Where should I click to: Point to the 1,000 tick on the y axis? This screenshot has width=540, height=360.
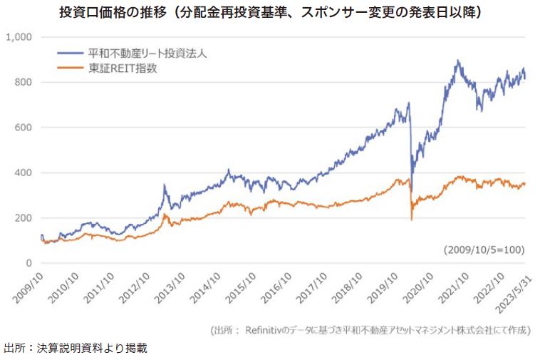[19, 36]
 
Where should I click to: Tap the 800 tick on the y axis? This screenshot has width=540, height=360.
[24, 82]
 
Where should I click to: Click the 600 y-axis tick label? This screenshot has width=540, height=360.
[24, 128]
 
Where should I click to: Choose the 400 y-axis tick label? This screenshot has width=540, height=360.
[24, 173]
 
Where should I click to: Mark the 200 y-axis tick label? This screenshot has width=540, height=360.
[24, 218]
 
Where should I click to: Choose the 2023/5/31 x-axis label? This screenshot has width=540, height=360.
[514, 289]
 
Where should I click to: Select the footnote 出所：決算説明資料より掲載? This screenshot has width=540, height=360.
[77, 348]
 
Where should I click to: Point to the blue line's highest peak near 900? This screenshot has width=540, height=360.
[457, 61]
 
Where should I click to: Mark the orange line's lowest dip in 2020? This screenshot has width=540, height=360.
[412, 219]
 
